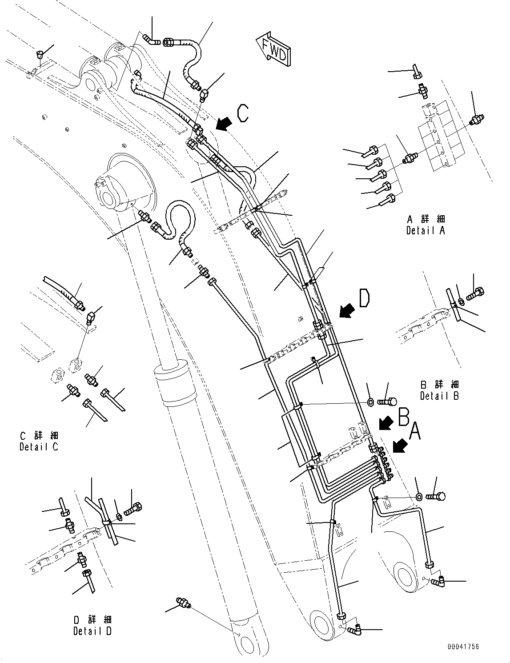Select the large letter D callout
pyautogui.click(x=363, y=298)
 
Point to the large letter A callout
pyautogui.click(x=415, y=430)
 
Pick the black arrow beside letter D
pyautogui.click(x=346, y=310)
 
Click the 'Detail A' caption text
pyautogui.click(x=425, y=230)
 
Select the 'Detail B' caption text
pyautogui.click(x=439, y=395)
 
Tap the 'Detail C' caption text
pyautogui.click(x=39, y=446)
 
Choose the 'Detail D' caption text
pyautogui.click(x=92, y=631)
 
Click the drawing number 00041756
pyautogui.click(x=464, y=647)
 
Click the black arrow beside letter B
pyautogui.click(x=385, y=422)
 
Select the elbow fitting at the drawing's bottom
pyautogui.click(x=355, y=629)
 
